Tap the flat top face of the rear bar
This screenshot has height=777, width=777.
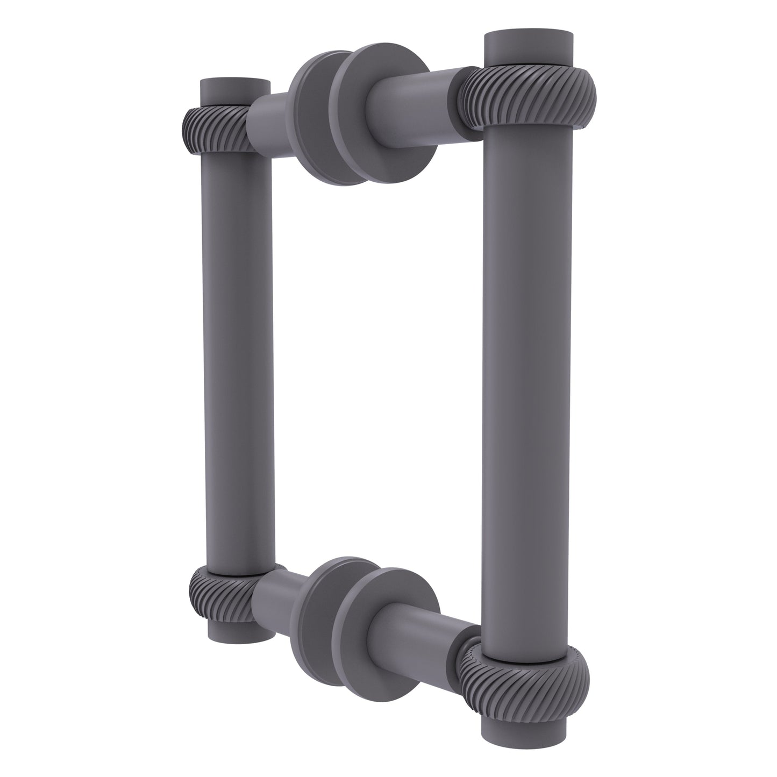pyautogui.click(x=234, y=84)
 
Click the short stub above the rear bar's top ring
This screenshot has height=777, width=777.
pyautogui.click(x=234, y=94)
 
